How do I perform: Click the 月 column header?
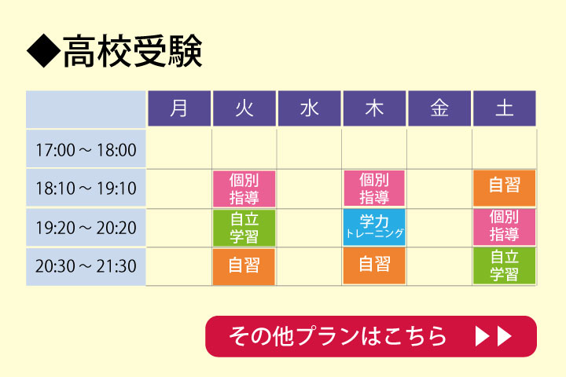pyautogui.click(x=179, y=108)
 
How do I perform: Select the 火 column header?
pyautogui.click(x=244, y=108)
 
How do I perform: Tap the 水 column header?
pyautogui.click(x=310, y=108)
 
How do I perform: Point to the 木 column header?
pyautogui.click(x=374, y=108)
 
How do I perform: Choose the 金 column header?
pyautogui.click(x=439, y=108)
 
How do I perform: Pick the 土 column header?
pyautogui.click(x=504, y=108)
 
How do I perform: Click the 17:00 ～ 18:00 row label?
pyautogui.click(x=86, y=148)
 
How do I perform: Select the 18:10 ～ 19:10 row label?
pyautogui.click(x=86, y=188)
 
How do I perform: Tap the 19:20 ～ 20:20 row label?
pyautogui.click(x=86, y=227)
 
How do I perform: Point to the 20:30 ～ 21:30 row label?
pyautogui.click(x=86, y=266)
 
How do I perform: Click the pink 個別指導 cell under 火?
pyautogui.click(x=244, y=188)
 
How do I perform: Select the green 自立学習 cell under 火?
pyautogui.click(x=244, y=228)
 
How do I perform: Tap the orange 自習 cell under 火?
pyautogui.click(x=244, y=266)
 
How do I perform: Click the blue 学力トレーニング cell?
pyautogui.click(x=374, y=227)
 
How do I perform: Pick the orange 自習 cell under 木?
pyautogui.click(x=374, y=265)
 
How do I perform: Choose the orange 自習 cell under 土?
pyautogui.click(x=504, y=188)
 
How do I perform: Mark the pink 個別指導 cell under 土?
pyautogui.click(x=504, y=227)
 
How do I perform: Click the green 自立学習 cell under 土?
pyautogui.click(x=504, y=265)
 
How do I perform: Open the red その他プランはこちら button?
pyautogui.click(x=371, y=336)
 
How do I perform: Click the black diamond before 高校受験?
pyautogui.click(x=44, y=51)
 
